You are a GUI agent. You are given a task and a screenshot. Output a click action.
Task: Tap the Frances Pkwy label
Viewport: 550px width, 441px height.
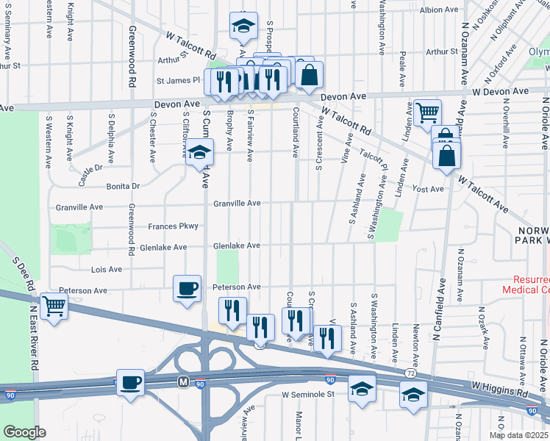pyautogui.click(x=173, y=226)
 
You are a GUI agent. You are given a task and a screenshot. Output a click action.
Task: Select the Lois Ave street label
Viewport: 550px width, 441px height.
pyautogui.click(x=107, y=270)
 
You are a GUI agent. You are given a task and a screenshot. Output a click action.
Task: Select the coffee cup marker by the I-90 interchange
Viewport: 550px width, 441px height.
pyautogui.click(x=131, y=382)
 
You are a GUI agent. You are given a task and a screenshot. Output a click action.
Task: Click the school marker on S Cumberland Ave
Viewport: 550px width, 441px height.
pyautogui.click(x=199, y=153)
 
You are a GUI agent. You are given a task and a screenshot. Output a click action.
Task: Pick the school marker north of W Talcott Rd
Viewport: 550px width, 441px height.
pyautogui.click(x=241, y=26)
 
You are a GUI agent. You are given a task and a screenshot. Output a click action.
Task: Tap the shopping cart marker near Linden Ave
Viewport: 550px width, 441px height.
pyautogui.click(x=427, y=112)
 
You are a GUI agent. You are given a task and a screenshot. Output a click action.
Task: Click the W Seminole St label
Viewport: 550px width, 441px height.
pyautogui.click(x=308, y=395)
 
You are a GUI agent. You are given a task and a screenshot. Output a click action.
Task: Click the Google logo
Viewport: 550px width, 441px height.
pyautogui.click(x=24, y=432)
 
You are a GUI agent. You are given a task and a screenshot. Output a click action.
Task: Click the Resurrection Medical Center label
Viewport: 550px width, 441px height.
pyautogui.click(x=525, y=285)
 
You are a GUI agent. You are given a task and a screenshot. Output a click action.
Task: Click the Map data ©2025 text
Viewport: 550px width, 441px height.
pyautogui.click(x=518, y=435)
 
